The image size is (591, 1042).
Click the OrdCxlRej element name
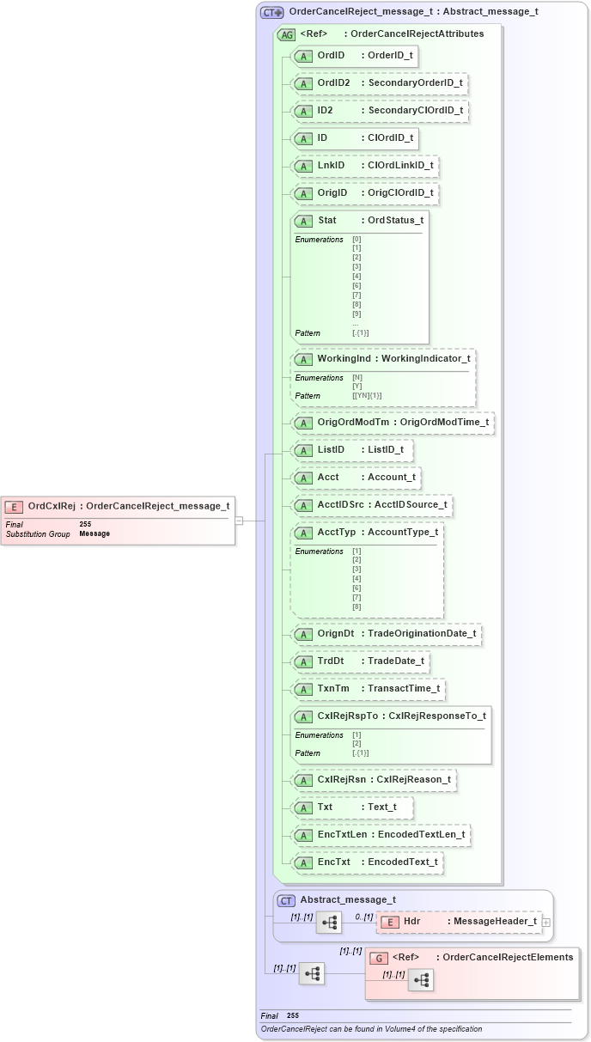coord(52,506)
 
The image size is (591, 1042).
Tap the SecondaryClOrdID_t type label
coord(415,111)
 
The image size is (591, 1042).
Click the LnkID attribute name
coord(331,166)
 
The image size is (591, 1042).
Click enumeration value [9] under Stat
coord(356,314)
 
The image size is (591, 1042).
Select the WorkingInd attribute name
coord(346,358)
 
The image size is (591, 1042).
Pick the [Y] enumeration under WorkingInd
coord(356,387)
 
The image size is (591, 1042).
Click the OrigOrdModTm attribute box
coord(393,422)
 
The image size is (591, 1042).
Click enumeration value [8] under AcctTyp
coord(356,607)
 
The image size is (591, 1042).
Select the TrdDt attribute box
coord(361,661)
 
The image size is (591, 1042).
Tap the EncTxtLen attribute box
coord(381,834)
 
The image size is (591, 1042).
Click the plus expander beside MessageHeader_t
coord(546,922)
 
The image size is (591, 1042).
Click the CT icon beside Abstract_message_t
coord(287,900)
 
